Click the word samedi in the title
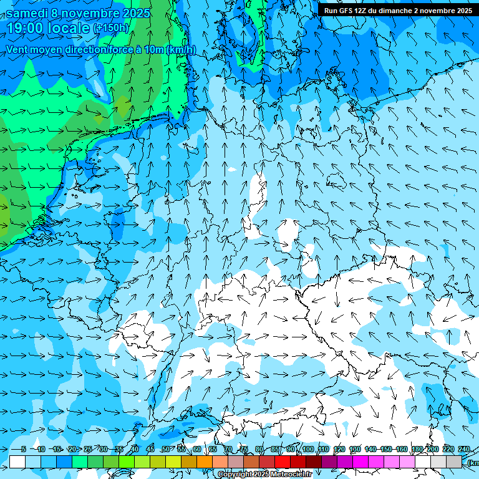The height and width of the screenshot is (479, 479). tap(31, 12)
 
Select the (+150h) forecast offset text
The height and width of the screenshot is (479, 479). tap(111, 28)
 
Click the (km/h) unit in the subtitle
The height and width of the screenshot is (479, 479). tap(180, 50)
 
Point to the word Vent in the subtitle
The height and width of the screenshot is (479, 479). tap(17, 50)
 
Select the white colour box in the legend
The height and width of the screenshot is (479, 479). tap(17, 462)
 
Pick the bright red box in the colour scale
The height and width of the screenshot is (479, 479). tap(283, 462)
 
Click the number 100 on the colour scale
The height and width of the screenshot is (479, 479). tap(307, 450)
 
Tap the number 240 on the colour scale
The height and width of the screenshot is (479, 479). tap(463, 450)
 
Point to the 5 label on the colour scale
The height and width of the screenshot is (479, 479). tap(23, 450)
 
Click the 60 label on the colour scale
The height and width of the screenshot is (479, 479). tap(196, 450)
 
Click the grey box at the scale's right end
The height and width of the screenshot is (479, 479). tap(454, 462)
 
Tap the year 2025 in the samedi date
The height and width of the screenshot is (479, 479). tap(135, 12)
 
